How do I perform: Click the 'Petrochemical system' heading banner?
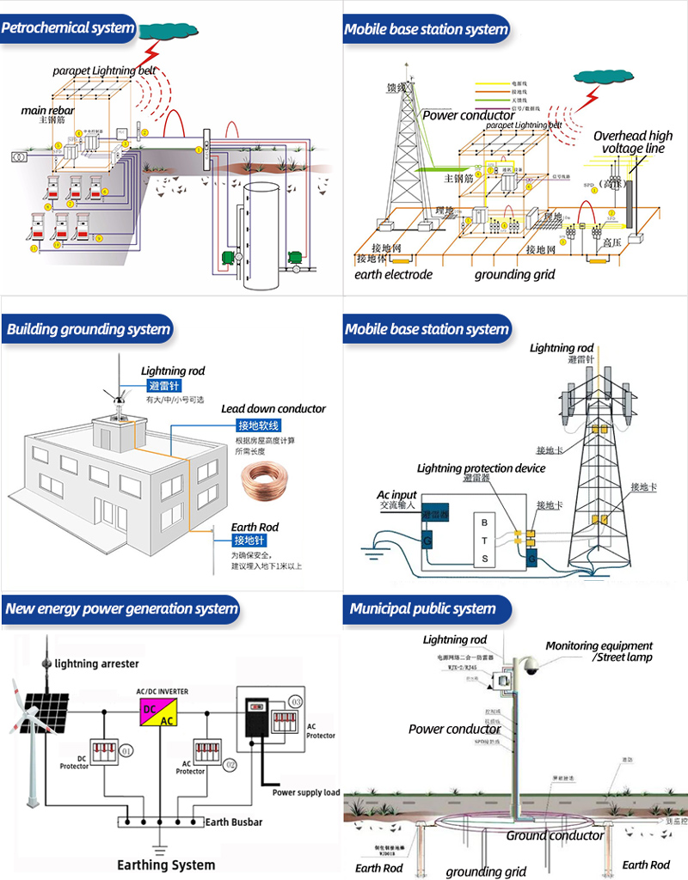68,27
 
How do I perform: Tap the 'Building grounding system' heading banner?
88,329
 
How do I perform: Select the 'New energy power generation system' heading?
120,609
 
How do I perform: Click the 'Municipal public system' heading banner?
422,609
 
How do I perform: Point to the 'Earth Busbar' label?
234,822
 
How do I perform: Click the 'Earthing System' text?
166,865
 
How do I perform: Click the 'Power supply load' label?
306,791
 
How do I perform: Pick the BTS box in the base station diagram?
484,541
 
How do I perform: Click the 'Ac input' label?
396,495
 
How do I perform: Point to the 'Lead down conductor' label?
273,409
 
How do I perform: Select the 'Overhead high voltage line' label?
633,142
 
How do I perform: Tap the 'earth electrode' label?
393,275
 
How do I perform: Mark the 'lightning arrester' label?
96,663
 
